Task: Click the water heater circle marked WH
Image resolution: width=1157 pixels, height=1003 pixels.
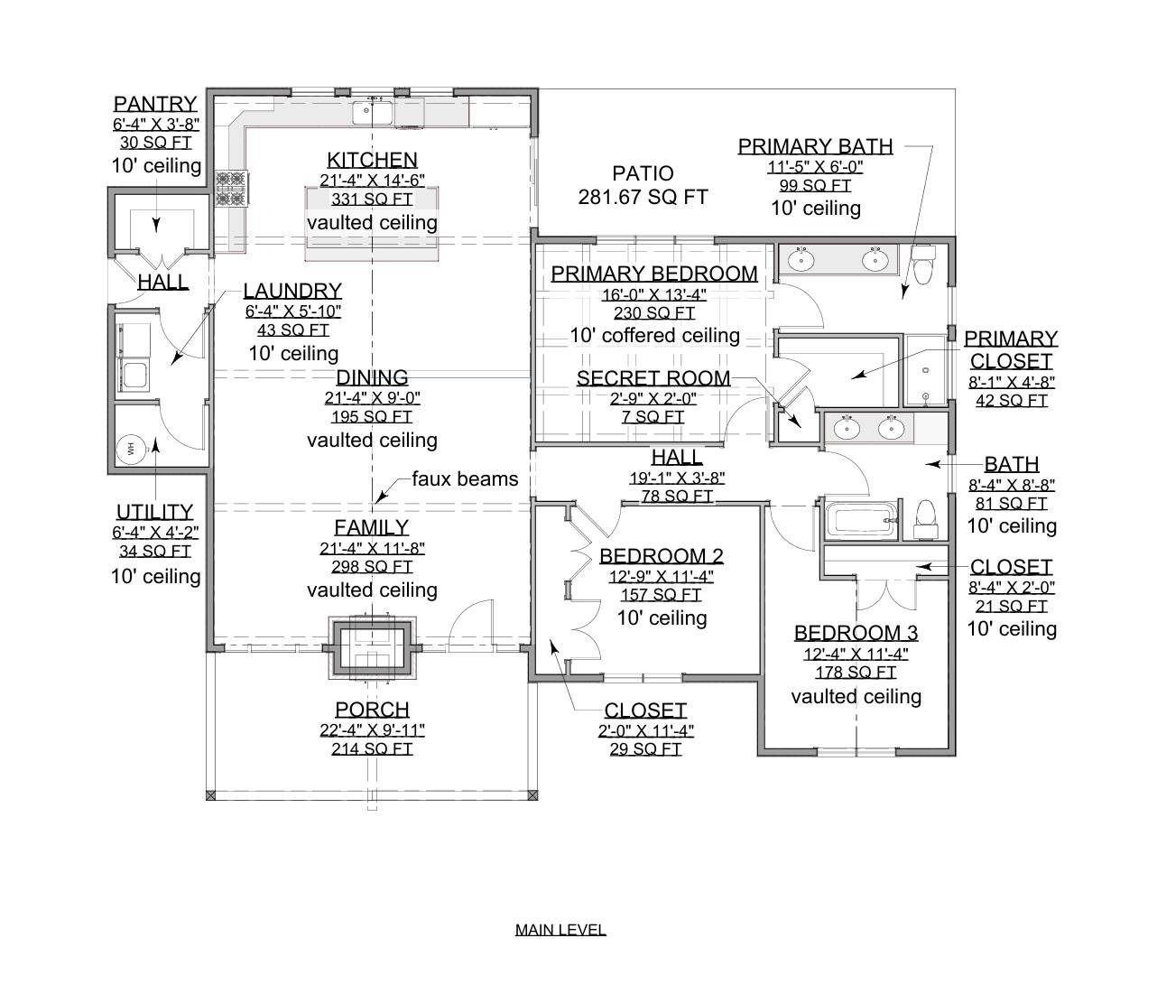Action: point(131,447)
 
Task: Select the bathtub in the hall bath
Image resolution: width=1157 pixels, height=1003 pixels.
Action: point(860,521)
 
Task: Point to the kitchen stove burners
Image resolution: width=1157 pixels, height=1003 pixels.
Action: point(230,188)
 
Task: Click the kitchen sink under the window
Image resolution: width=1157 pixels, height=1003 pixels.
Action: point(373,113)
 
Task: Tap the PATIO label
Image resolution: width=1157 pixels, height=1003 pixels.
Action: point(643,173)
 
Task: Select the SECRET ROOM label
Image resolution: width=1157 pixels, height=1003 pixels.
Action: point(653,378)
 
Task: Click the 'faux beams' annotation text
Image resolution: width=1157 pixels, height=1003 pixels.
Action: point(465,478)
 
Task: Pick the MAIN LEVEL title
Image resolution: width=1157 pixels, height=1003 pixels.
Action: point(560,929)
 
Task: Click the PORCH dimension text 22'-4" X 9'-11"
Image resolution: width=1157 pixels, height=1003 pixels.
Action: point(372,729)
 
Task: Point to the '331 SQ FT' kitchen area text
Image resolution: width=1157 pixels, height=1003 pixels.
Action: point(372,200)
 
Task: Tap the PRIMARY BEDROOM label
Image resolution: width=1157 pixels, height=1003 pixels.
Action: point(654,274)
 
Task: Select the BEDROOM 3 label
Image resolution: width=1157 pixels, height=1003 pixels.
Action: point(856,633)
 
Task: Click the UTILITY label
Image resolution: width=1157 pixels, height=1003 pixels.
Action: point(154,512)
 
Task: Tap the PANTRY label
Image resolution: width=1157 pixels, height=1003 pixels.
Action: point(155,104)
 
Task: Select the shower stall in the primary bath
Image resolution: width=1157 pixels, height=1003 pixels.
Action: point(926,370)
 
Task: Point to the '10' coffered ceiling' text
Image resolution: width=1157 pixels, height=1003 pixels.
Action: point(654,336)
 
